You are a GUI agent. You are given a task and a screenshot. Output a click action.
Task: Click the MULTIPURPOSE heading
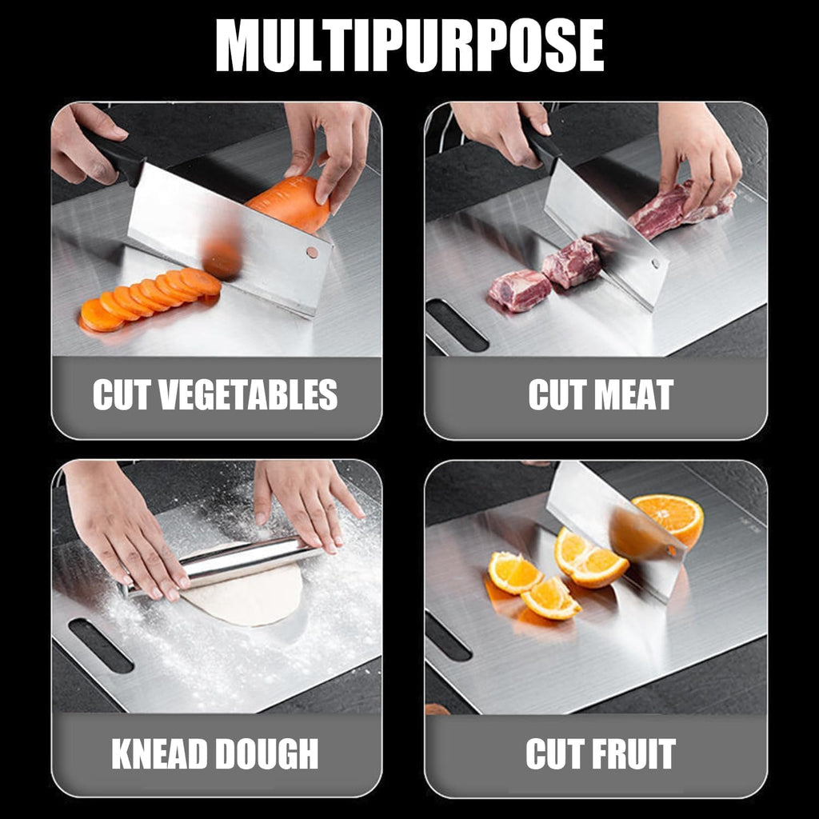409,47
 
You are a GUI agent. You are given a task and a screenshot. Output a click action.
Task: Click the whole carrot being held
290,204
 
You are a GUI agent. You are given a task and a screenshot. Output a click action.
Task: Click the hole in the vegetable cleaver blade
310,252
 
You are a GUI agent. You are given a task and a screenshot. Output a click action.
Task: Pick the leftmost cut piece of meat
520,290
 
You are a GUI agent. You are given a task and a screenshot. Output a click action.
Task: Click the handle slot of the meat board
457,326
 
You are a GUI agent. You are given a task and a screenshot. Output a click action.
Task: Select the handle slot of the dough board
101,645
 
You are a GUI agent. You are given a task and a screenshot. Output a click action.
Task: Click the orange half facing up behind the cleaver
670,516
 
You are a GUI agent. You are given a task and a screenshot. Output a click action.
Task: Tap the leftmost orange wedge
514,573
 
